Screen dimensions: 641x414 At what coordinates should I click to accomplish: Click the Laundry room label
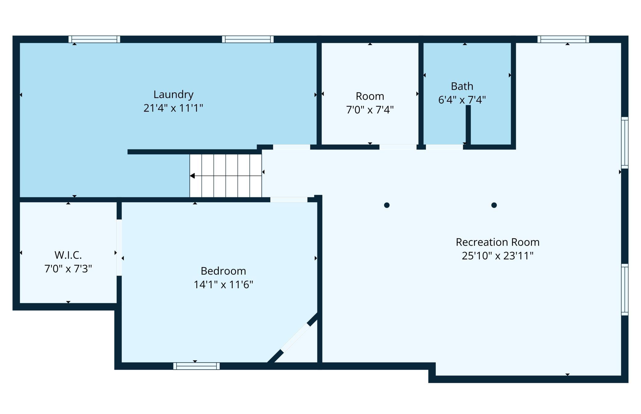pyautogui.click(x=174, y=95)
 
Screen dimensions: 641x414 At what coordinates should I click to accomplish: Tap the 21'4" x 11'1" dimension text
pyautogui.click(x=174, y=108)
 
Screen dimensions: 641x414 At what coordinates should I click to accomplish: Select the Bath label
pyautogui.click(x=462, y=86)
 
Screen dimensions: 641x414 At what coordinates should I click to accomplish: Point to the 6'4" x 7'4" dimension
pyautogui.click(x=462, y=100)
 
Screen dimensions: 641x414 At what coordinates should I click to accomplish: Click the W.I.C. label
pyautogui.click(x=68, y=255)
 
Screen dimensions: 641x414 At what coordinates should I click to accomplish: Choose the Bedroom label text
pyautogui.click(x=223, y=271)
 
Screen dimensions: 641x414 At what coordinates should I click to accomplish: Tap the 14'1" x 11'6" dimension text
pyautogui.click(x=223, y=285)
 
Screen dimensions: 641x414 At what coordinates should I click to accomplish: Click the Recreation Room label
pyautogui.click(x=498, y=242)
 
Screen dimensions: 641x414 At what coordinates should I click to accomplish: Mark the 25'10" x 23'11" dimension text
pyautogui.click(x=498, y=256)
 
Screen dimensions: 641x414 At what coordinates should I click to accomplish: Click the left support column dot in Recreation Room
pyautogui.click(x=387, y=205)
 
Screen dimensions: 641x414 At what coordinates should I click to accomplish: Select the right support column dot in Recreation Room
pyautogui.click(x=494, y=205)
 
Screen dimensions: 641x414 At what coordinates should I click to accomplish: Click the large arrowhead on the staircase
pyautogui.click(x=192, y=176)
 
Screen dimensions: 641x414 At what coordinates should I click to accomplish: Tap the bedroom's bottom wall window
pyautogui.click(x=196, y=366)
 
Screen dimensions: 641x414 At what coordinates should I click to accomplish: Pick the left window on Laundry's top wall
pyautogui.click(x=94, y=39)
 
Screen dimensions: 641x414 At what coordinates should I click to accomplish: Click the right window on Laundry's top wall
pyautogui.click(x=248, y=39)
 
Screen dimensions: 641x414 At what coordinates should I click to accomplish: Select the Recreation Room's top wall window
pyautogui.click(x=563, y=39)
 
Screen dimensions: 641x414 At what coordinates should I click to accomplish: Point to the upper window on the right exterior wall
pyautogui.click(x=625, y=143)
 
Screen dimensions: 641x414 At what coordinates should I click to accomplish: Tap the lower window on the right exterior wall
pyautogui.click(x=625, y=289)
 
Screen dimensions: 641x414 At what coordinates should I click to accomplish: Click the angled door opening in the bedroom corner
pyautogui.click(x=295, y=338)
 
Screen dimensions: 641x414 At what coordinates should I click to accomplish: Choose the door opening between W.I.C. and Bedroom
pyautogui.click(x=119, y=248)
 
